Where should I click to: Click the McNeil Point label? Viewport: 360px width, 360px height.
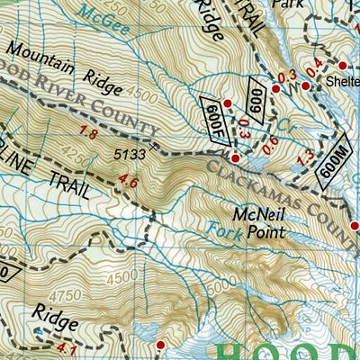257,223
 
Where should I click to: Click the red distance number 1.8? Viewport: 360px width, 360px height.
88,133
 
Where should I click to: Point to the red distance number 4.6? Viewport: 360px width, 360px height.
128,184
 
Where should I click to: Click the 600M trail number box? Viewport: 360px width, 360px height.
335,166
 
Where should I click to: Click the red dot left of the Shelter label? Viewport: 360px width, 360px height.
342,66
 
